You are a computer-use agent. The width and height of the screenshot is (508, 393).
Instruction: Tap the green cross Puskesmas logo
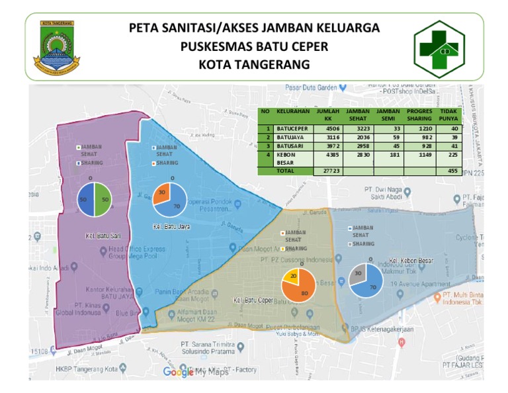444,48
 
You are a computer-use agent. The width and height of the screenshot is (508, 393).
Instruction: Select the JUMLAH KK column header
329,114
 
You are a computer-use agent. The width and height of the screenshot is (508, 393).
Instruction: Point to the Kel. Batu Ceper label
254,300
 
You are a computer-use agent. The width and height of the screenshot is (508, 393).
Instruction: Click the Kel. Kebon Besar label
411,261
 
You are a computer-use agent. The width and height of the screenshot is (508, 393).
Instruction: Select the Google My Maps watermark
196,372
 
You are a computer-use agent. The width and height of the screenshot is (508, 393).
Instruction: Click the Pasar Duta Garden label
311,87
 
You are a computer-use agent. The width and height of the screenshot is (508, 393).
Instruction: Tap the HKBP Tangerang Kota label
86,369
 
